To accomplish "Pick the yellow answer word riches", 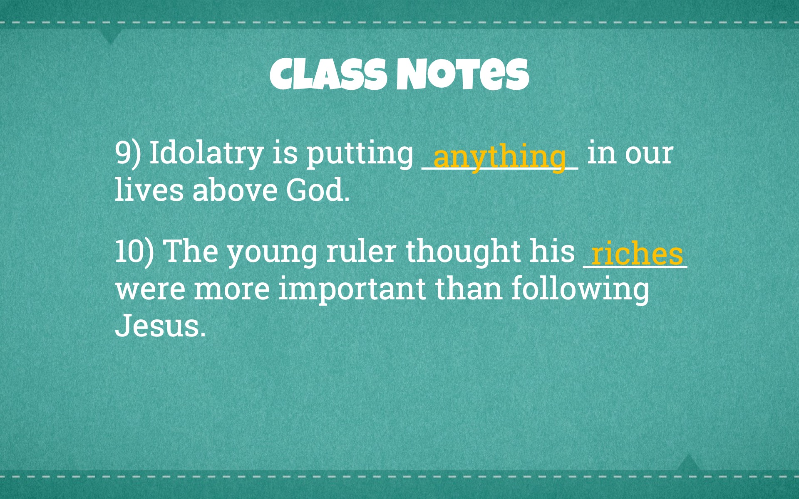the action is click(x=637, y=253).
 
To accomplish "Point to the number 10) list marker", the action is click(x=134, y=252).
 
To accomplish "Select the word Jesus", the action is click(x=160, y=326).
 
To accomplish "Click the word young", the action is click(x=272, y=254).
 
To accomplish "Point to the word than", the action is click(x=469, y=288).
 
